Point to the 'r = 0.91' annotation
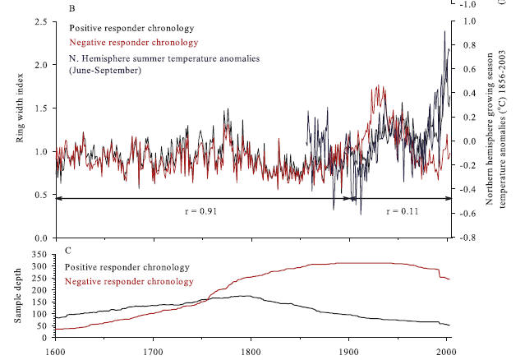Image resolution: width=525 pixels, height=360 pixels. [199, 211]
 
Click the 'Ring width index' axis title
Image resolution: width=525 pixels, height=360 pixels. [22, 113]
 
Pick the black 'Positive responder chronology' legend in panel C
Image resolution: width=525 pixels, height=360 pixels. [126, 267]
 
